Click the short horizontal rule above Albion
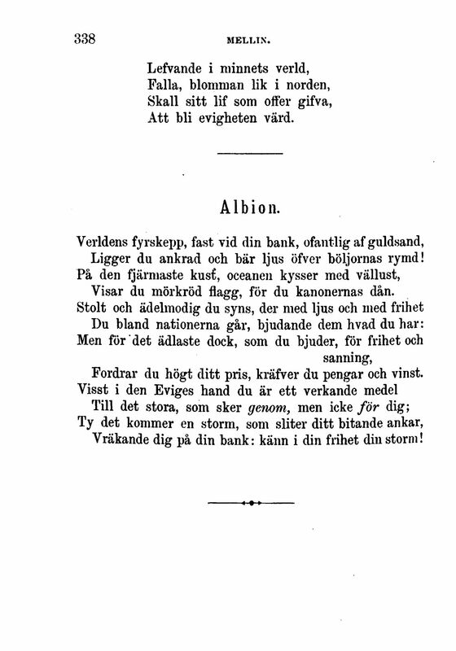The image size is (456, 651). (250, 154)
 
